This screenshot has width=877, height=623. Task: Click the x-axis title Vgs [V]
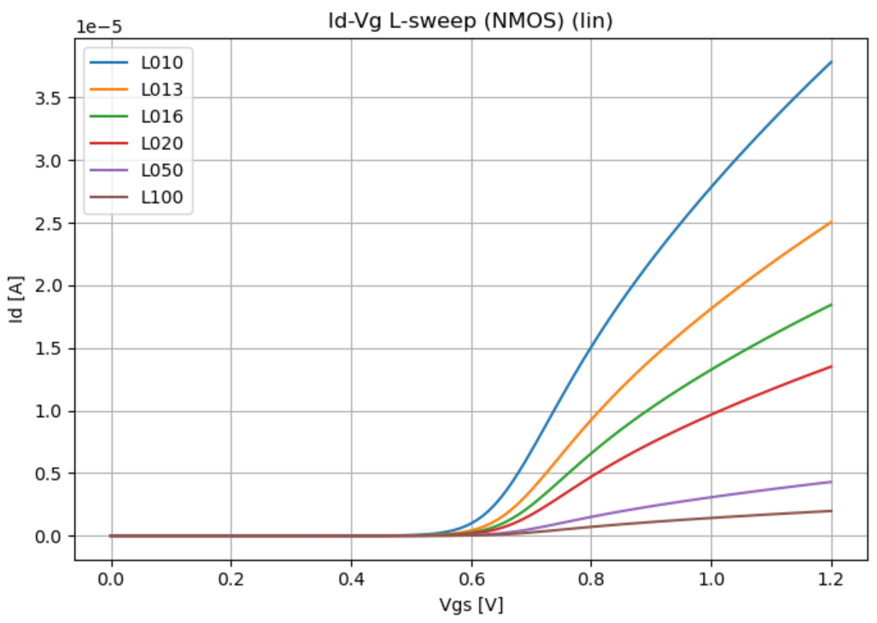(471, 605)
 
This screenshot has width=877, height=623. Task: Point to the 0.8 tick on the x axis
(591, 579)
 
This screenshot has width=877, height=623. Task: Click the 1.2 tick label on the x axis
(831, 579)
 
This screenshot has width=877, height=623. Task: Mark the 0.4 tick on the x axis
(351, 579)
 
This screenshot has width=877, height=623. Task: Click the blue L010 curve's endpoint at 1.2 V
(831, 62)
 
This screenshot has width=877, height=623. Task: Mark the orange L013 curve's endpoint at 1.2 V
(831, 222)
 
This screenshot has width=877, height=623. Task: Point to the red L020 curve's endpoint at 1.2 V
(831, 367)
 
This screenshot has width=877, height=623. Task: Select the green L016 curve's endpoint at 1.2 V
(831, 304)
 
